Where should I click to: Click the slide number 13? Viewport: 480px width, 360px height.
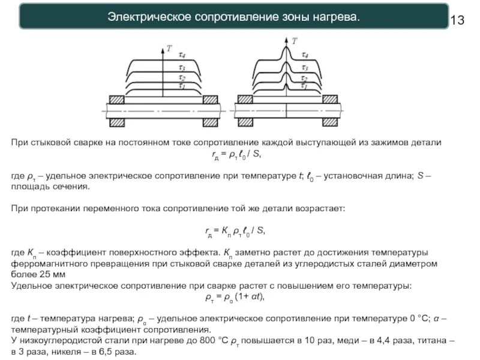[x=457, y=20]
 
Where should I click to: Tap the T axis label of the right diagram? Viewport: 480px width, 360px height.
[x=294, y=41]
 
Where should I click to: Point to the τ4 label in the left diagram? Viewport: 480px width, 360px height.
[x=182, y=56]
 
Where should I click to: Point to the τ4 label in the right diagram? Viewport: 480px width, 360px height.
[x=305, y=55]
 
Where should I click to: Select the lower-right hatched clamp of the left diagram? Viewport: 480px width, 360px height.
[x=210, y=122]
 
